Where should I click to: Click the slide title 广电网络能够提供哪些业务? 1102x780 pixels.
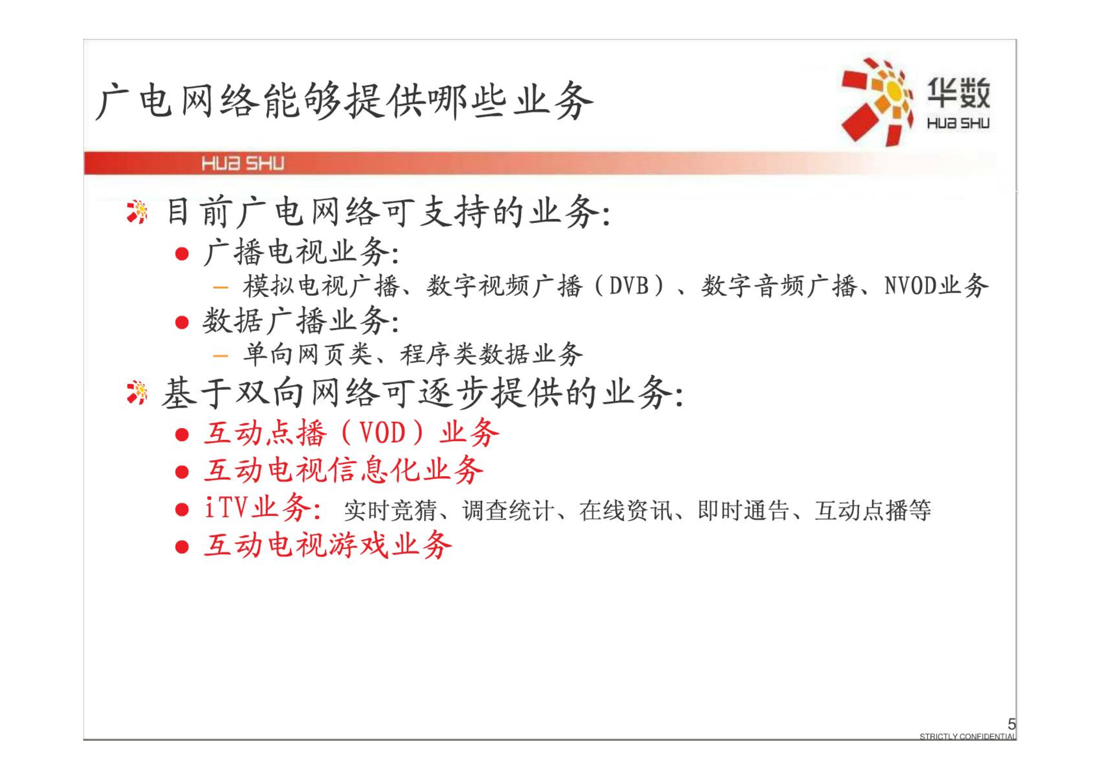point(344,102)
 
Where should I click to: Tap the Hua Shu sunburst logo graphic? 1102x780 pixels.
point(877,102)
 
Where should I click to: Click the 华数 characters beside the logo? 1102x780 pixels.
point(958,92)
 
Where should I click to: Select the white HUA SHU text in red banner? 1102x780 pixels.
point(243,163)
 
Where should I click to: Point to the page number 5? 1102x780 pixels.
point(1011,723)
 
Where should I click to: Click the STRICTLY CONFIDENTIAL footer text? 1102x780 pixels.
point(967,736)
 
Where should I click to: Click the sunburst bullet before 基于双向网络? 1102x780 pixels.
point(137,393)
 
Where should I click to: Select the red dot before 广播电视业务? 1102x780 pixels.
point(182,253)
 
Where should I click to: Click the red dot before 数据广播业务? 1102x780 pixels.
point(182,322)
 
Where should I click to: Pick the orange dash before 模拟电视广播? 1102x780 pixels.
point(221,287)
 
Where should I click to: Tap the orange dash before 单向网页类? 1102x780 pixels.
point(221,356)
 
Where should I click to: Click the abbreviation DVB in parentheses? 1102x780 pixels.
point(629,286)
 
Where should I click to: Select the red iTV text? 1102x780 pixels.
point(225,507)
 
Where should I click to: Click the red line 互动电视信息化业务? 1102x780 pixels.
point(344,470)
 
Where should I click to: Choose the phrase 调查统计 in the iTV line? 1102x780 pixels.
point(508,510)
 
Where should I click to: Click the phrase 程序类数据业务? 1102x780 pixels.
point(491,355)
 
